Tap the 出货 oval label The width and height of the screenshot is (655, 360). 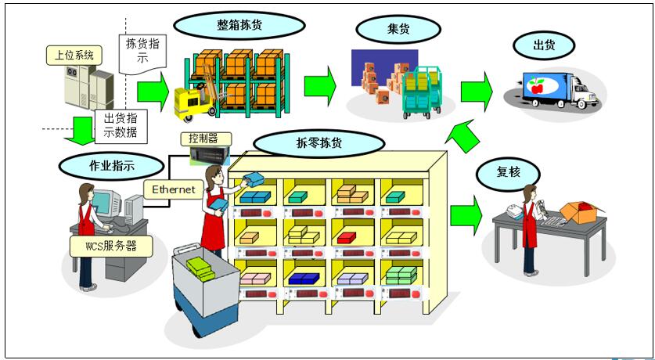tap(544, 45)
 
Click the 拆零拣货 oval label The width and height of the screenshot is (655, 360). tap(319, 143)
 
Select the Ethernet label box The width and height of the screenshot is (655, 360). tap(173, 189)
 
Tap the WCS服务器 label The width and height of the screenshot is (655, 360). tap(110, 245)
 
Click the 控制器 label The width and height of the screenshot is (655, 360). tap(203, 138)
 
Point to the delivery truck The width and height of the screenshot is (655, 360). tap(556, 90)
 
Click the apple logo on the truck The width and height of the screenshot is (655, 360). tap(537, 86)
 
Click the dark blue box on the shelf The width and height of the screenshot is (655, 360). tap(302, 277)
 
